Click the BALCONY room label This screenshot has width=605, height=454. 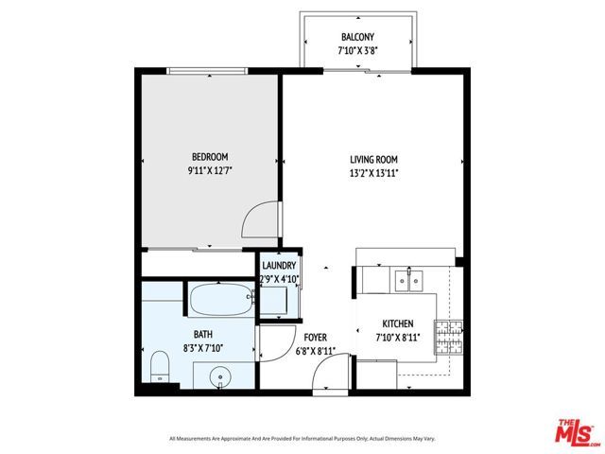click(358, 38)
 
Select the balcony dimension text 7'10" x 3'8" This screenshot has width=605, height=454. click(358, 52)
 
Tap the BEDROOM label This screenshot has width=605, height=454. click(209, 157)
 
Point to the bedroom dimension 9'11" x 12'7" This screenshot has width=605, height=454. click(209, 171)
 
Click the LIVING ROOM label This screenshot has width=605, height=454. click(373, 160)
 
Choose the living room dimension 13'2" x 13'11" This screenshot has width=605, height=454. click(373, 173)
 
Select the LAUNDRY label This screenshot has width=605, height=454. click(280, 267)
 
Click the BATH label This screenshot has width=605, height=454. click(203, 334)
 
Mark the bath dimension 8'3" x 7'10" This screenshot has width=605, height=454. click(203, 348)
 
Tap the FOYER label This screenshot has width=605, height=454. click(315, 338)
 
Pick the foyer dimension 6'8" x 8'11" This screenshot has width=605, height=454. click(315, 351)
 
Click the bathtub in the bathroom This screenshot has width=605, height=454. click(220, 302)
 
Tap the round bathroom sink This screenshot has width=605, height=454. click(220, 375)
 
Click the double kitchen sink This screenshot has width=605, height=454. click(409, 279)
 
